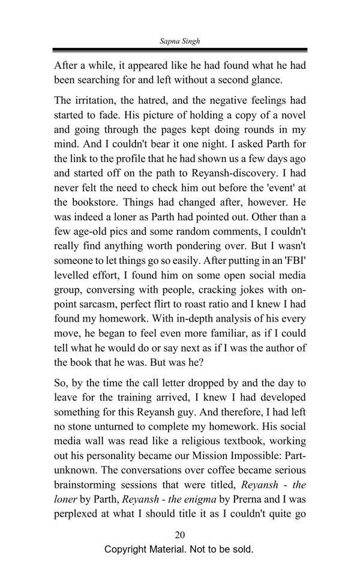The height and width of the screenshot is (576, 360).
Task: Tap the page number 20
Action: (179, 535)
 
